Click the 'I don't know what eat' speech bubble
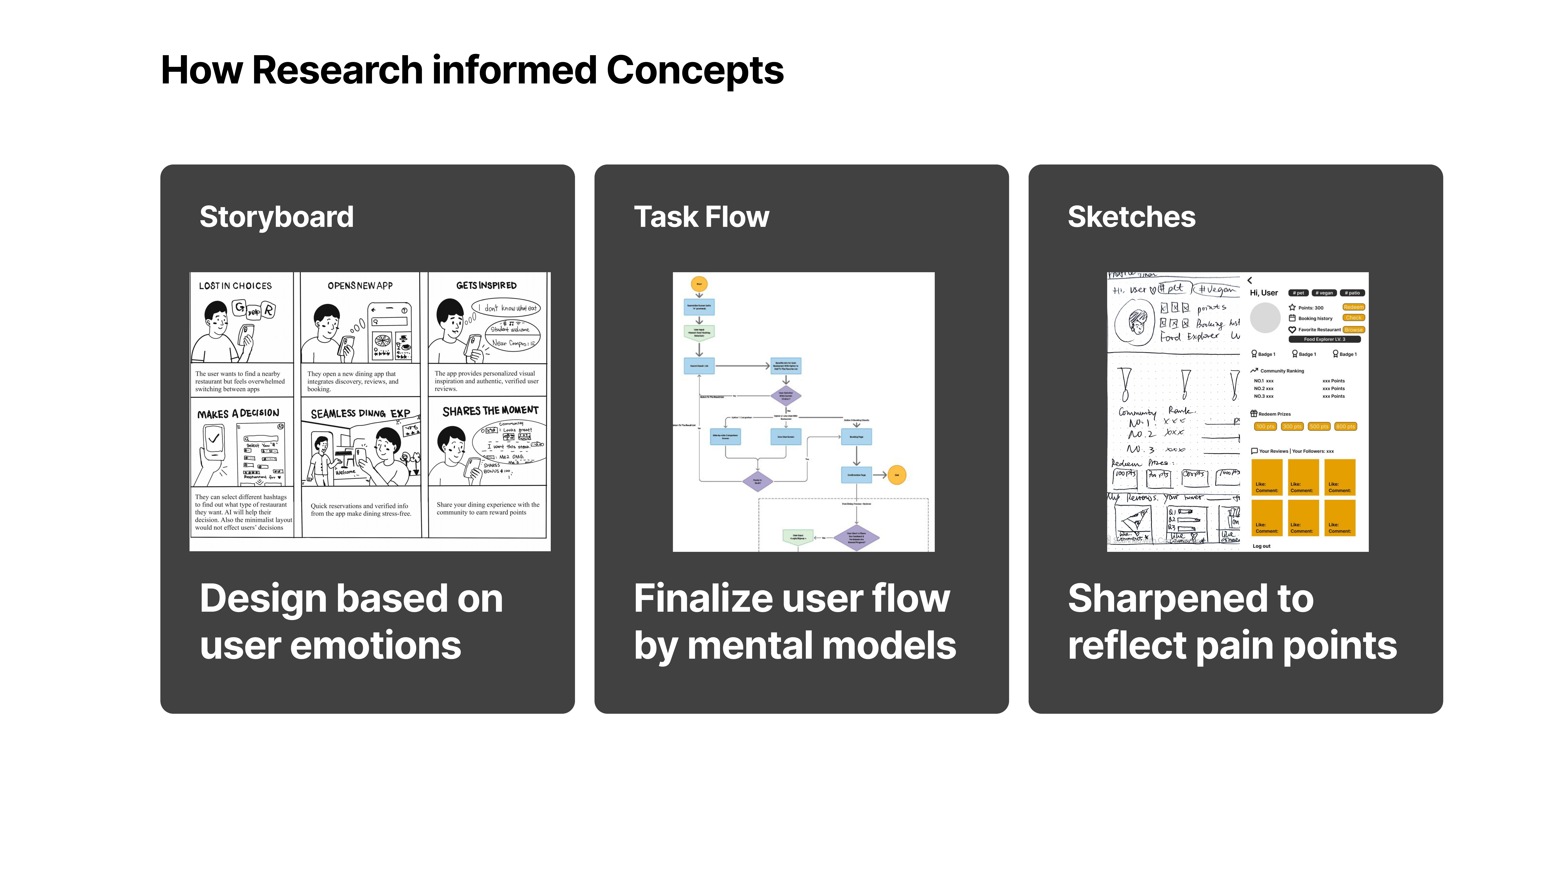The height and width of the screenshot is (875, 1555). click(506, 308)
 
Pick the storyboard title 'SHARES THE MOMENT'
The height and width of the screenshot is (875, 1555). click(490, 411)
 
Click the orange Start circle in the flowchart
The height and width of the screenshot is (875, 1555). click(699, 284)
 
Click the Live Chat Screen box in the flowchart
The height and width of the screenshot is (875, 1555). click(786, 437)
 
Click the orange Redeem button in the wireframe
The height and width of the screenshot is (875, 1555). click(1353, 307)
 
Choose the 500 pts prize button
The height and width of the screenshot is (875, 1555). click(1319, 426)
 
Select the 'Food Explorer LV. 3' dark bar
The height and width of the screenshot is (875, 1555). click(1324, 339)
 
